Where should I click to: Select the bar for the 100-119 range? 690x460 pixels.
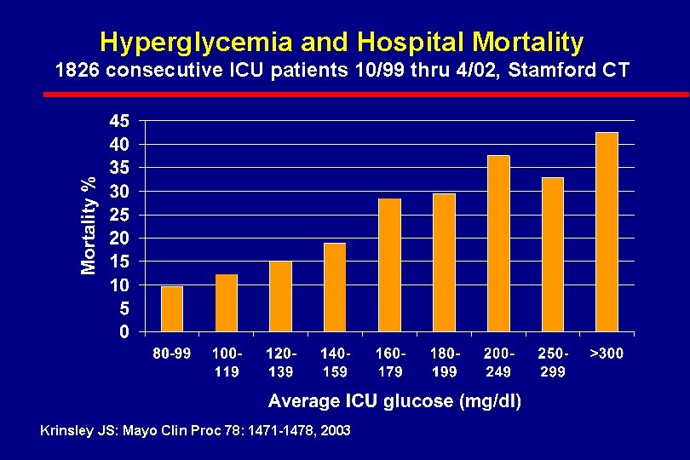tap(227, 302)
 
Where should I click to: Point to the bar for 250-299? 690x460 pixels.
tap(553, 255)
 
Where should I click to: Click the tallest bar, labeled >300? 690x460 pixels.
tap(607, 232)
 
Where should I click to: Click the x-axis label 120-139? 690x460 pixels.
tap(281, 362)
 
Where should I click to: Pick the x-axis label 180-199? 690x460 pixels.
tap(444, 362)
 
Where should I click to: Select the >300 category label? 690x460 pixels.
tap(607, 353)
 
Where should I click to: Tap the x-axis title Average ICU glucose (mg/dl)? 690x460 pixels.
tap(395, 400)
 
